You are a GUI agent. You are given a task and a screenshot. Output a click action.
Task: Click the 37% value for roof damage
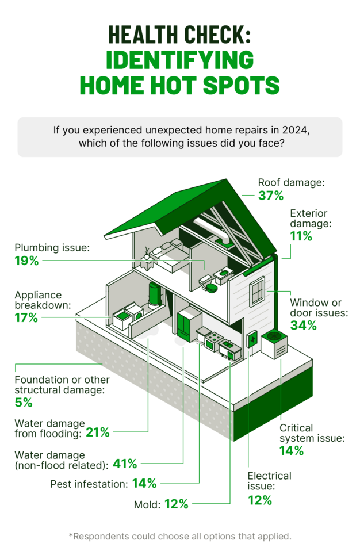(271, 196)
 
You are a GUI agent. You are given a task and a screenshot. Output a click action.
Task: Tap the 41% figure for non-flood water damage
(125, 462)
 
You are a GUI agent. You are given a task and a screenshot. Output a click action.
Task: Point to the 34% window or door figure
(303, 326)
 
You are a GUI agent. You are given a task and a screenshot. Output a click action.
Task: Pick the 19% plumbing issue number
(26, 261)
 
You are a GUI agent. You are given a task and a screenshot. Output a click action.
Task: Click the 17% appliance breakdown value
(26, 317)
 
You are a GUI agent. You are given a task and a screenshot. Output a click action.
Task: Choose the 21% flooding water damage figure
(98, 432)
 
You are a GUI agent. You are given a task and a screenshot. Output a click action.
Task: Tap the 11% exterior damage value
(301, 236)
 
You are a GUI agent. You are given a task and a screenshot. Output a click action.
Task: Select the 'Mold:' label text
(147, 504)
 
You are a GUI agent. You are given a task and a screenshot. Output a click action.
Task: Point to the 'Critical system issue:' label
(312, 433)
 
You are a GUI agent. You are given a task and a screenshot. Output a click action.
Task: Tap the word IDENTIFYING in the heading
(179, 59)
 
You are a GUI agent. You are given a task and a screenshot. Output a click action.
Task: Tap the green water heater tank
(155, 294)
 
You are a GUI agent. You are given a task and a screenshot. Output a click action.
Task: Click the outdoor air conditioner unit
(274, 345)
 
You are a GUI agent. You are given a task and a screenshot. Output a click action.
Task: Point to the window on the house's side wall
(256, 291)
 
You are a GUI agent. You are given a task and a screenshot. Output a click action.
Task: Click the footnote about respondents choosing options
(180, 536)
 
